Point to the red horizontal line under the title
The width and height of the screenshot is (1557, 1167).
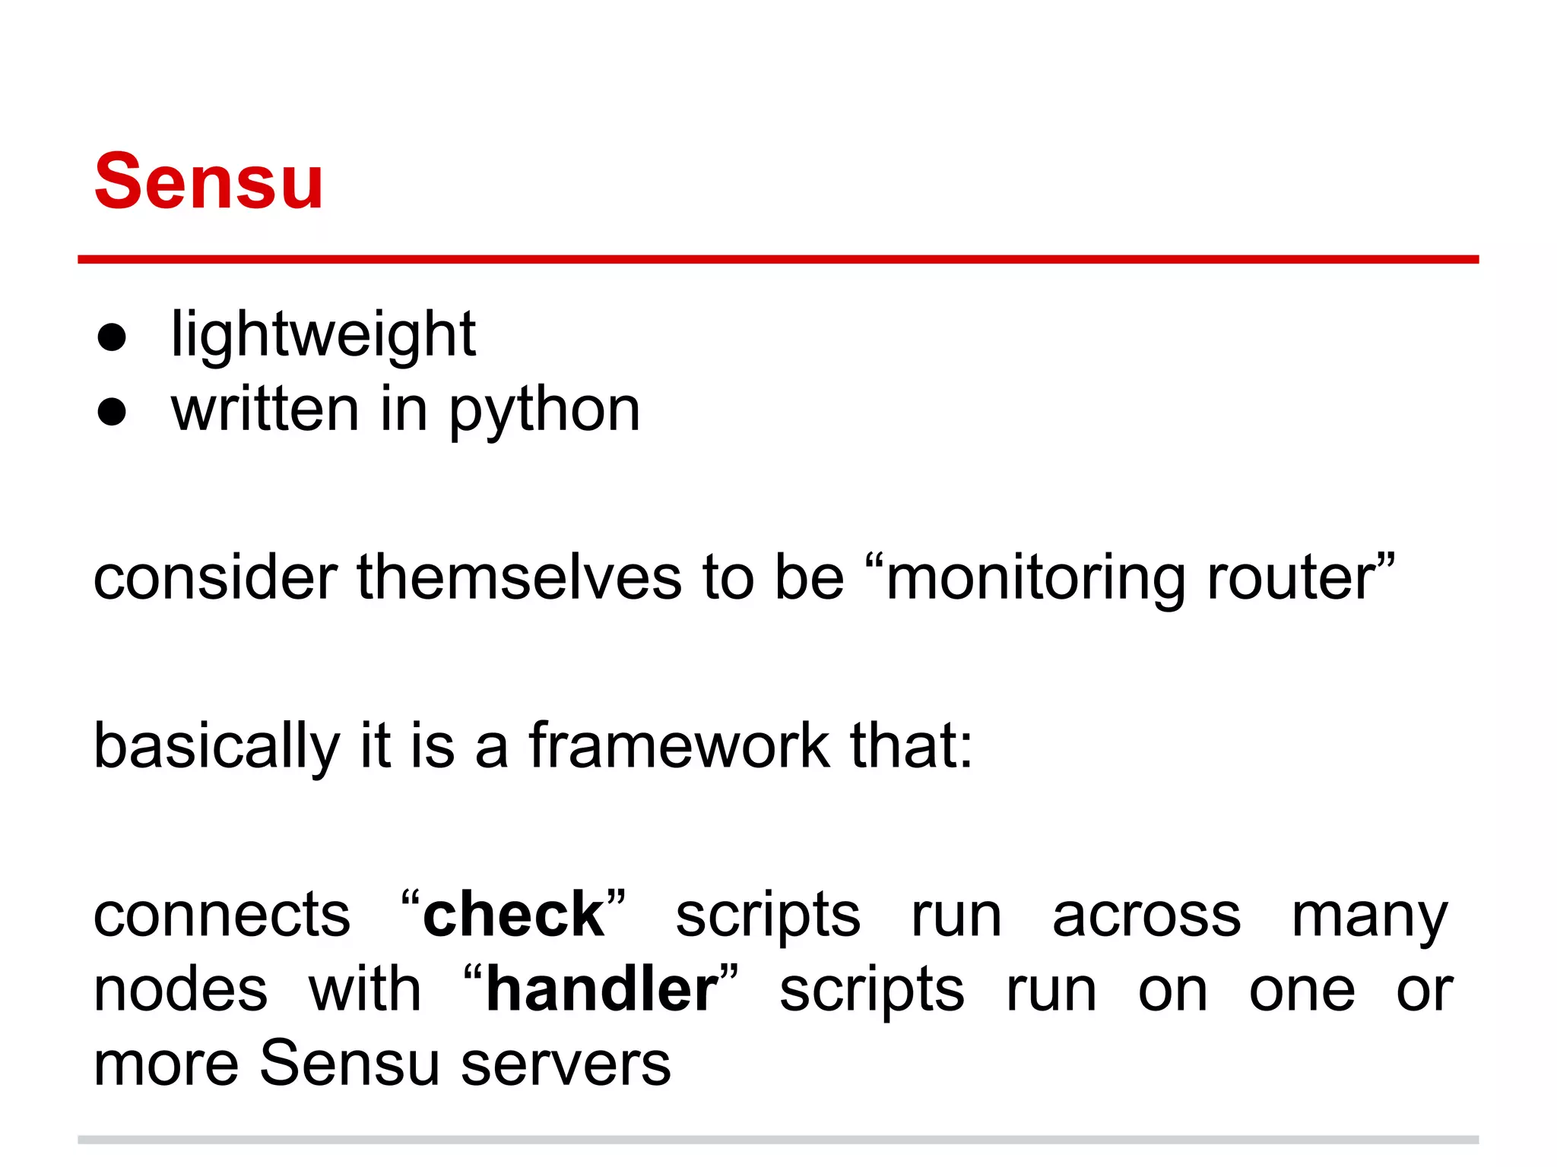click(778, 259)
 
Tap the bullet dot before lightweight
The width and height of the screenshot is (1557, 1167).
click(112, 337)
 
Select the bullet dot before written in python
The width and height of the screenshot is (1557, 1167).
click(112, 412)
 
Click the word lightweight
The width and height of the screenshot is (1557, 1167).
click(323, 334)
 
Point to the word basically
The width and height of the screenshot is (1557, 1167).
click(217, 746)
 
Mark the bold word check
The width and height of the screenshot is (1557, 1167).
click(513, 914)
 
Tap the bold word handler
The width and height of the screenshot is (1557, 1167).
click(601, 989)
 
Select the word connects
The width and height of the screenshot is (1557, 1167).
click(222, 915)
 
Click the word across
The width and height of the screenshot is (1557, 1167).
click(1146, 915)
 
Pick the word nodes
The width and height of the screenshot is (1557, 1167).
click(181, 989)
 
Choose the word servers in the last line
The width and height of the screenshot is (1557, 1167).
click(566, 1064)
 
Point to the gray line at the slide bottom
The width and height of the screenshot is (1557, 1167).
click(778, 1140)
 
